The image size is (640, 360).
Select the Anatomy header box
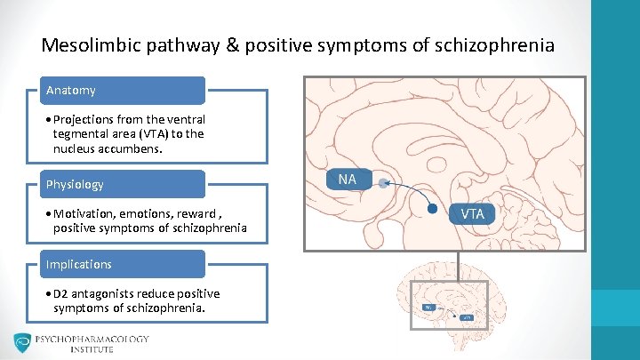point(124,91)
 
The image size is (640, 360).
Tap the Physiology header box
point(124,184)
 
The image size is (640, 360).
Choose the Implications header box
point(124,264)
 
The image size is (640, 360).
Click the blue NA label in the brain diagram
point(347,180)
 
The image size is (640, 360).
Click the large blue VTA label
point(472,213)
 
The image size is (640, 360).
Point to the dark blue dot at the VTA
point(433,210)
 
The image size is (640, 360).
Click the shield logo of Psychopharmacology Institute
point(22,344)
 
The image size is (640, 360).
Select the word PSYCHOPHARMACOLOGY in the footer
point(92,339)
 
